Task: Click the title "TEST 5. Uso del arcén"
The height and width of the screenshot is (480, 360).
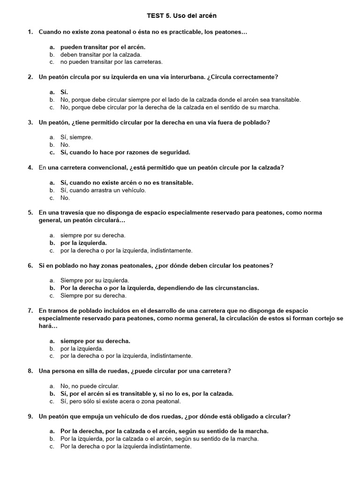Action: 180,16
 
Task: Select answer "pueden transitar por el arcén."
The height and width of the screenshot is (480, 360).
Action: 103,47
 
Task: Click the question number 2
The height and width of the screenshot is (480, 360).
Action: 30,77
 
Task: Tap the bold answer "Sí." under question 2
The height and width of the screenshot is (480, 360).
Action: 65,92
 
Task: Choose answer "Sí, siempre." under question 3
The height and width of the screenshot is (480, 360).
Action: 76,137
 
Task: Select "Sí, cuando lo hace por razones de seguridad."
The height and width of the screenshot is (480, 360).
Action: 125,152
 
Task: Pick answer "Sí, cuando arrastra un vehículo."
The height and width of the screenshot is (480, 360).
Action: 103,190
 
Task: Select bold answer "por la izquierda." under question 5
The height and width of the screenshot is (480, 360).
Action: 83,243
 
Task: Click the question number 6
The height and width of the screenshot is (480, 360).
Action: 30,265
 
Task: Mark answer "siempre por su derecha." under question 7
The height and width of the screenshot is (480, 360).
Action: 95,341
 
